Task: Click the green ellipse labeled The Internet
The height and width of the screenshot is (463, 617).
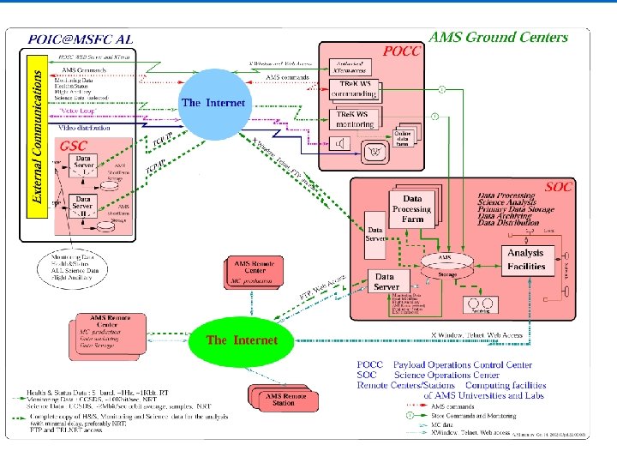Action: point(242,340)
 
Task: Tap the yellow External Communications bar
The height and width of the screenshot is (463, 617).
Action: point(37,136)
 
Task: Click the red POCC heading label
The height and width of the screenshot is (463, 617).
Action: point(401,51)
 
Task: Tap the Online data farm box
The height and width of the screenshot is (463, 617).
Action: point(403,138)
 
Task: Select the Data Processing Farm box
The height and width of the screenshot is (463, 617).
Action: point(411,208)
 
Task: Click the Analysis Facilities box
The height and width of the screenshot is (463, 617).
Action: point(525,260)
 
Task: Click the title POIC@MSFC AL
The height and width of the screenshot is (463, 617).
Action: point(81,39)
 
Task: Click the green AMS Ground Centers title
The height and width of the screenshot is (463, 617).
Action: point(497,37)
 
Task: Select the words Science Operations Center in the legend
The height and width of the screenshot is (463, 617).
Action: point(447,375)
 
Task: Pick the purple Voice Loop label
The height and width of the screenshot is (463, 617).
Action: point(76,111)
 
